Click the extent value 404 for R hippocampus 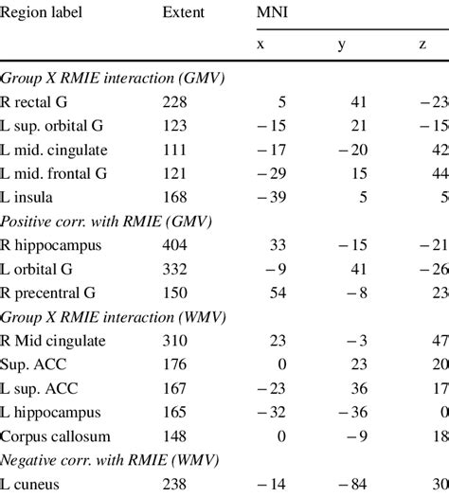(x=176, y=244)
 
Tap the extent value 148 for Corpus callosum (x=176, y=435)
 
